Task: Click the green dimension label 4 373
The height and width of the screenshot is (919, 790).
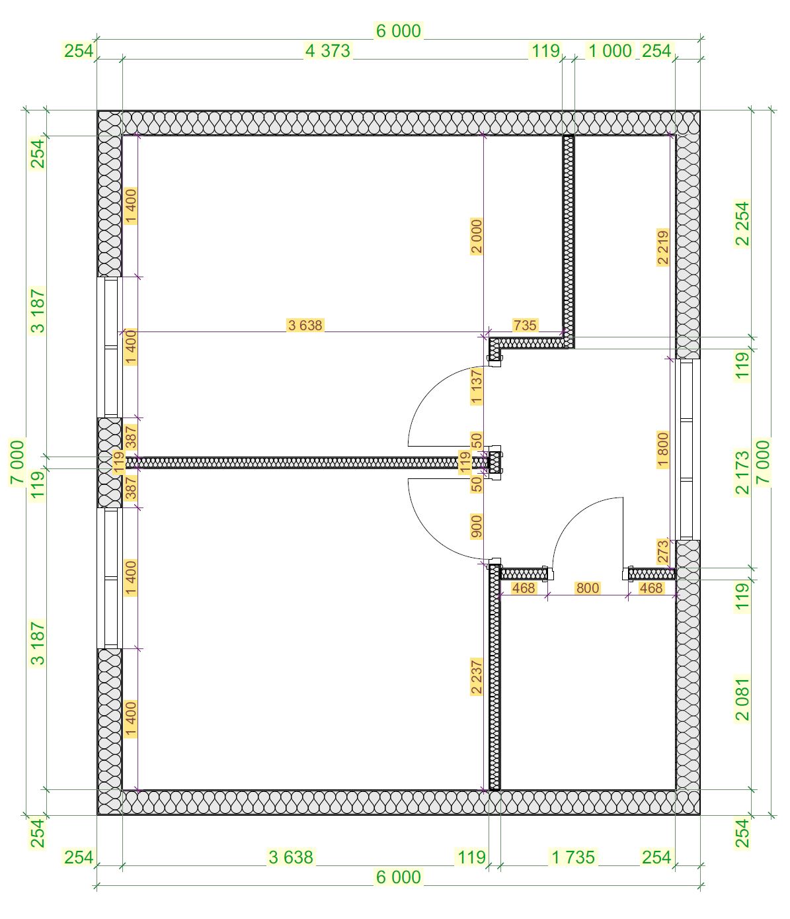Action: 327,51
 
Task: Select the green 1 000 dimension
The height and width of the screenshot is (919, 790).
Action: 610,51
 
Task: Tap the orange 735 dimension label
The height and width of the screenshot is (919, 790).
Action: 525,325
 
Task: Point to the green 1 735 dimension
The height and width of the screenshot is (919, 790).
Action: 573,857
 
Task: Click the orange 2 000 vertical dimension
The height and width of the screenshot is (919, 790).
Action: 476,236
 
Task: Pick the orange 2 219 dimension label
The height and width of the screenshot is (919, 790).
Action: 662,247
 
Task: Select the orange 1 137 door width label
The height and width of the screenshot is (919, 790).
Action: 476,387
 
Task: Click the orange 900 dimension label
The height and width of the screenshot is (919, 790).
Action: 476,527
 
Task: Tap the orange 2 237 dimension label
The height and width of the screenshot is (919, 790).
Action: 476,676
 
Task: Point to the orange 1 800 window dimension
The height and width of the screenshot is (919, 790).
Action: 662,449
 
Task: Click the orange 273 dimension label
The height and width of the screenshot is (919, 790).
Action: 662,551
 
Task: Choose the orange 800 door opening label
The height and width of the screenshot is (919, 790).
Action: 588,588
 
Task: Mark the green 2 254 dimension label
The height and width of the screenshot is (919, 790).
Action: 742,224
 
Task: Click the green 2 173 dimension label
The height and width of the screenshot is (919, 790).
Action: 742,472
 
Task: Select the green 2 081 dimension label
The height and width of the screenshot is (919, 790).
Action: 742,700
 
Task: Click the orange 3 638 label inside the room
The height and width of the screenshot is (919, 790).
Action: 305,325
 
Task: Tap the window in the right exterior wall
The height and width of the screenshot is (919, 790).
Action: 687,449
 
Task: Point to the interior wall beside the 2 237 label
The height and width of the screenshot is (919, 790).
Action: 494,678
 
